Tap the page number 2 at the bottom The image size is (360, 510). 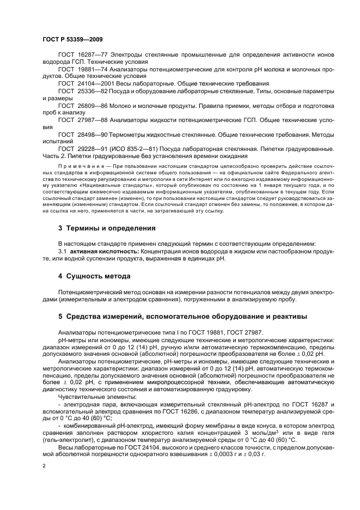point(44,466)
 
